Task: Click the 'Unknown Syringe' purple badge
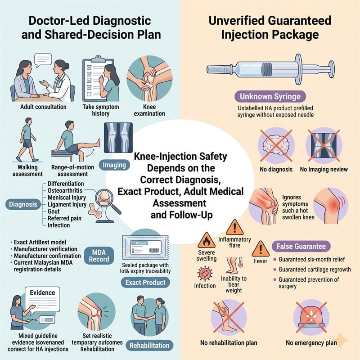pos(270,96)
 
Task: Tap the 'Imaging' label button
pos(114,165)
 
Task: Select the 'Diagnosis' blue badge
pos(23,204)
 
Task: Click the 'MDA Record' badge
pos(99,256)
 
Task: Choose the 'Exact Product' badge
pos(145,283)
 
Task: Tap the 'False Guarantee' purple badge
pos(301,246)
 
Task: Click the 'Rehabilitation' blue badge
pos(149,345)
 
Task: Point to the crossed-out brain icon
pos(276,145)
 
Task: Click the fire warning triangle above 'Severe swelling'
pos(207,240)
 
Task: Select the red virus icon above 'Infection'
pos(205,274)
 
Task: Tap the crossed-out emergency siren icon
pos(311,317)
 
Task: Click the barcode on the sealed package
pos(154,250)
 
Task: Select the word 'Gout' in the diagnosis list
pos(54,211)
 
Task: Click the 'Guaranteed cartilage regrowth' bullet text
pos(315,269)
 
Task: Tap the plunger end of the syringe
pos(331,69)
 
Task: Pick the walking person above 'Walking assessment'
pos(26,139)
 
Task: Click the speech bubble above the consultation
pos(43,60)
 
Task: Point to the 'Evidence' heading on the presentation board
pos(42,292)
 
